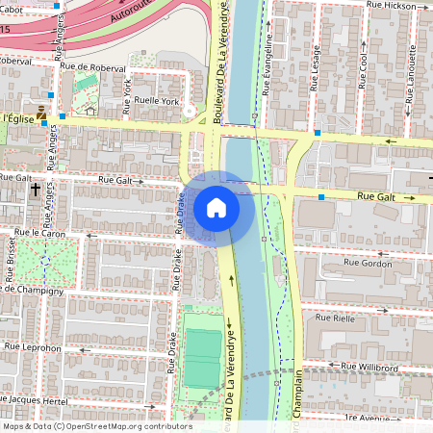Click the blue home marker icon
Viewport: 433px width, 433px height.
pyautogui.click(x=216, y=207)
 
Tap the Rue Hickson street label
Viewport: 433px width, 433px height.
pyautogui.click(x=391, y=6)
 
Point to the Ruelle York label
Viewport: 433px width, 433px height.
pyautogui.click(x=157, y=100)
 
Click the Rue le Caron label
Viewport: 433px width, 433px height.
pyautogui.click(x=40, y=233)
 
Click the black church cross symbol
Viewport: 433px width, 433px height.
pyautogui.click(x=36, y=191)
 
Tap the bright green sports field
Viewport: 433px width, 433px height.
pyautogui.click(x=202, y=358)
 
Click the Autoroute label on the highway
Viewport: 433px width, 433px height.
pyautogui.click(x=132, y=12)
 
